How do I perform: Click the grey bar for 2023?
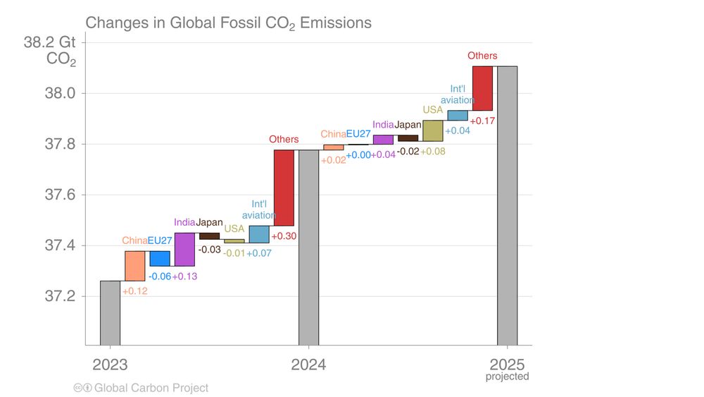[x=110, y=313]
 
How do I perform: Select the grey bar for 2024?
[x=308, y=248]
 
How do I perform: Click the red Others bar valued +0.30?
[x=284, y=188]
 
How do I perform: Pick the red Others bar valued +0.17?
[x=482, y=88]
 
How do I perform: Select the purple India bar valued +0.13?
[x=184, y=249]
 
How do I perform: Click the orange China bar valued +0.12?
[x=135, y=266]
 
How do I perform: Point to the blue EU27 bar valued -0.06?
[x=160, y=258]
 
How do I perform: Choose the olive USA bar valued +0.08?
[x=433, y=130]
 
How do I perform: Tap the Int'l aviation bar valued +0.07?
[x=259, y=234]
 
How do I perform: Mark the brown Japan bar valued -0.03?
[x=209, y=236]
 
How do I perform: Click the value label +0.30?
[x=284, y=236]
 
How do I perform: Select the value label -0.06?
[x=159, y=276]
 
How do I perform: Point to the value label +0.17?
[x=482, y=121]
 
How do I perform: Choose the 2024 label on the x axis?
[x=308, y=365]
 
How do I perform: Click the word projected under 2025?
[x=507, y=377]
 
